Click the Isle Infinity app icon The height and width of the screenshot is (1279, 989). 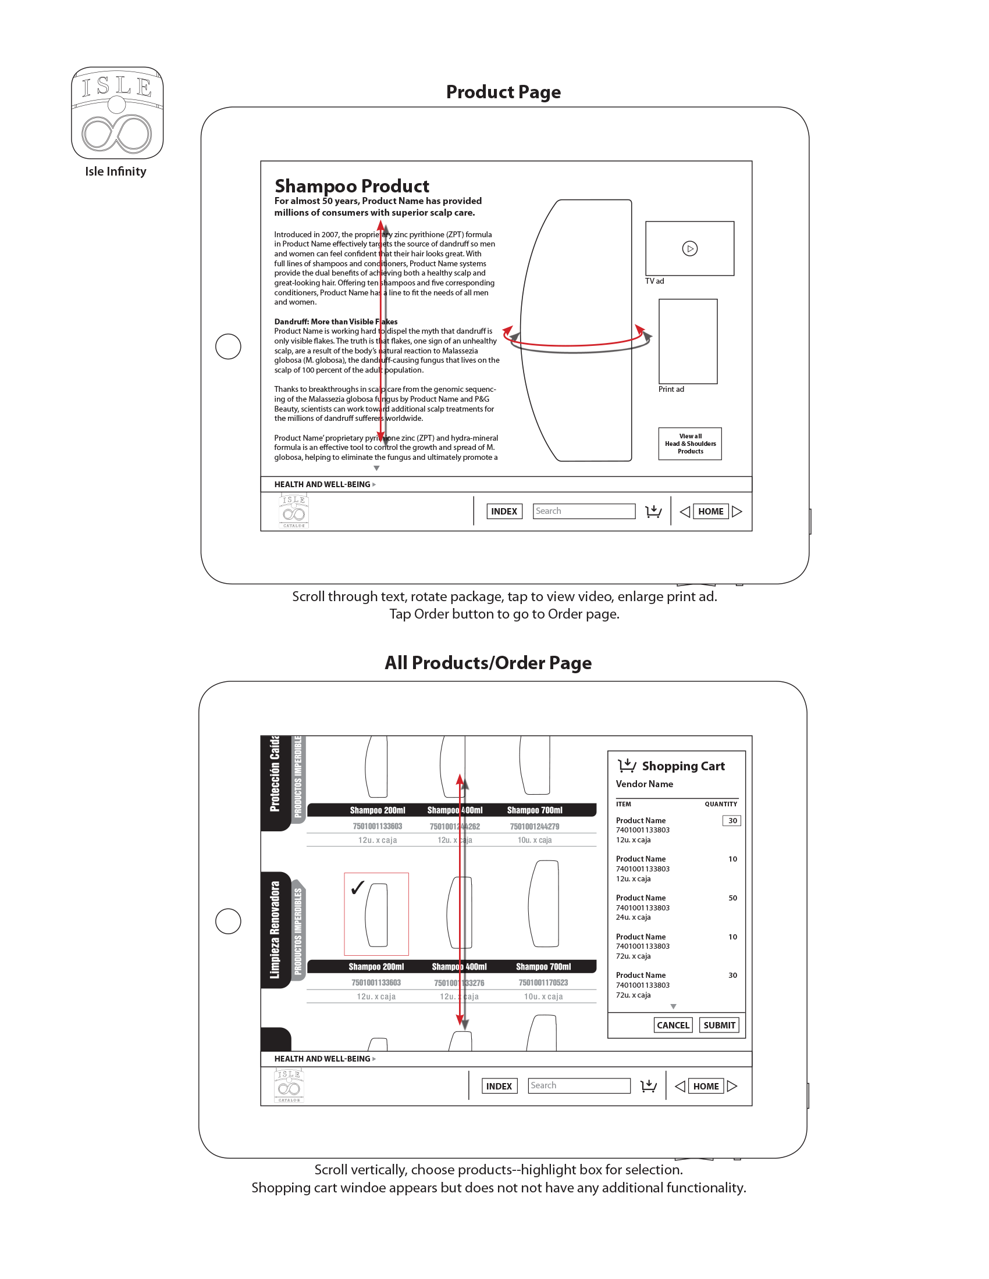[x=117, y=112]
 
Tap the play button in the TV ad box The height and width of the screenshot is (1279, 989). [x=689, y=249]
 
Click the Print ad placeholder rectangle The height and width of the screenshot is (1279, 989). [x=688, y=341]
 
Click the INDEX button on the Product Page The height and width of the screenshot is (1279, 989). [x=504, y=511]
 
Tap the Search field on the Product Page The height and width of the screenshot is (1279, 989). [x=584, y=511]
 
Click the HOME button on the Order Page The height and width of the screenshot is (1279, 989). [x=706, y=1087]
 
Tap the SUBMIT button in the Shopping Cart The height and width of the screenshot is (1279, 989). [x=719, y=1026]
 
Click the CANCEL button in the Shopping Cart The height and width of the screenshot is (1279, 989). [x=673, y=1026]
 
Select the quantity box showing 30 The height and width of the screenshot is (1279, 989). [x=732, y=821]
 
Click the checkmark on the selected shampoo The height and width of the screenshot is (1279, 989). [x=357, y=888]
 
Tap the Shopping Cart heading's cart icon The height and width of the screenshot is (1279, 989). [x=627, y=766]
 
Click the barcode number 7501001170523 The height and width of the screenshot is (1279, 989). [x=543, y=983]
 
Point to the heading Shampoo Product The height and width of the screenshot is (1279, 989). [x=351, y=186]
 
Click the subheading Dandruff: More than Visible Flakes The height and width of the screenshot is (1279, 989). [x=336, y=321]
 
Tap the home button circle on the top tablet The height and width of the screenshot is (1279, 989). [x=229, y=346]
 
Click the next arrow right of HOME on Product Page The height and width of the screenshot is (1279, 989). [x=737, y=511]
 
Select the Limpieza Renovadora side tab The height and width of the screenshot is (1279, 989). [x=275, y=930]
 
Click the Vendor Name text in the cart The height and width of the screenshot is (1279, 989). [x=644, y=784]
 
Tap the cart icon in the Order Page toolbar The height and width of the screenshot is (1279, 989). [x=649, y=1087]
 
